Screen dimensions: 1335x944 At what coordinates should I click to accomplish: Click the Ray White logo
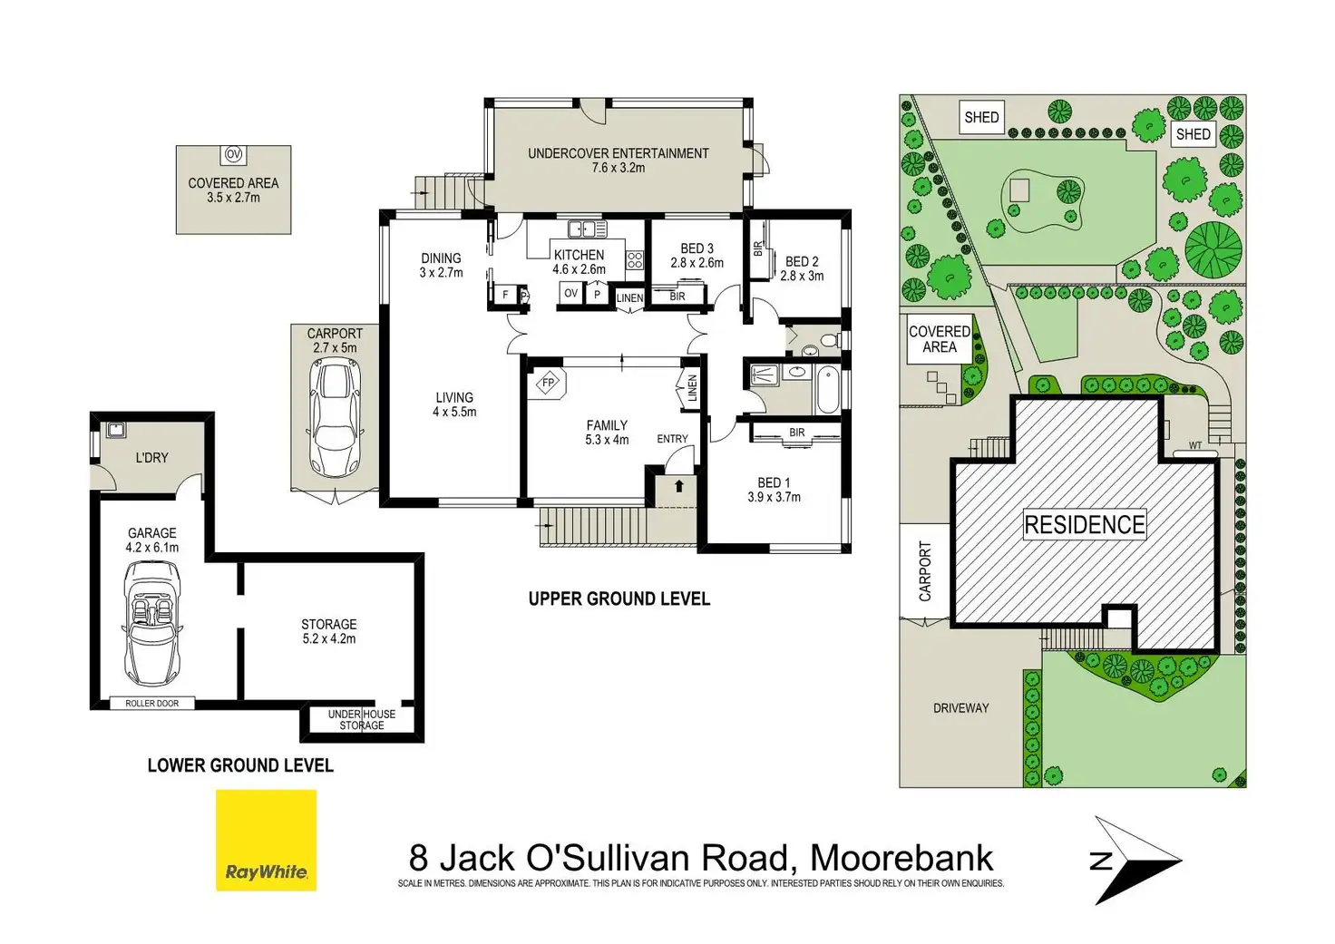[266, 840]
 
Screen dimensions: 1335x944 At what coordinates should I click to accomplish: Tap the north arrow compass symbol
[1134, 860]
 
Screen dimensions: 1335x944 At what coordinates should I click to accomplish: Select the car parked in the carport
[335, 418]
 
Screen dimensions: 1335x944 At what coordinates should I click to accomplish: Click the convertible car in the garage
[151, 623]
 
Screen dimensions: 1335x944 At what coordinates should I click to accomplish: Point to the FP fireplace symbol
[547, 383]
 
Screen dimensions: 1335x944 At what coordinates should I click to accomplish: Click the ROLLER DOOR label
[152, 704]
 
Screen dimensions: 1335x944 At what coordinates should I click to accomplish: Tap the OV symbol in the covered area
[233, 154]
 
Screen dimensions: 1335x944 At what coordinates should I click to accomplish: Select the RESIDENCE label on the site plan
[1084, 524]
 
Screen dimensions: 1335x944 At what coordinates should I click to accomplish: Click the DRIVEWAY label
[960, 708]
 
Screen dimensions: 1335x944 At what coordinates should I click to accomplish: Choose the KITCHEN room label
[579, 255]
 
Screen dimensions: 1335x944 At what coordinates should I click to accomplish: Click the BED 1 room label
[774, 482]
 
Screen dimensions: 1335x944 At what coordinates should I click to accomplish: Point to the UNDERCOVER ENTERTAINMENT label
[618, 153]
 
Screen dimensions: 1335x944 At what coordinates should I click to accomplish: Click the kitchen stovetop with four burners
[634, 262]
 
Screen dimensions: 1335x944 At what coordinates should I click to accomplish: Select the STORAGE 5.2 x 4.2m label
[328, 631]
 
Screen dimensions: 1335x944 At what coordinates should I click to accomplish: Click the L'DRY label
[151, 458]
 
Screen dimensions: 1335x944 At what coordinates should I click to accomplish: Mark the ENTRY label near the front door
[672, 439]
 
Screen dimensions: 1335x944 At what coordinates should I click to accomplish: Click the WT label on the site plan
[1195, 446]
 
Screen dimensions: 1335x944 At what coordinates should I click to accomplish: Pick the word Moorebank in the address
[901, 857]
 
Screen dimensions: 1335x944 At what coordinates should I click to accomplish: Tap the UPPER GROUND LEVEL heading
[619, 599]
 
